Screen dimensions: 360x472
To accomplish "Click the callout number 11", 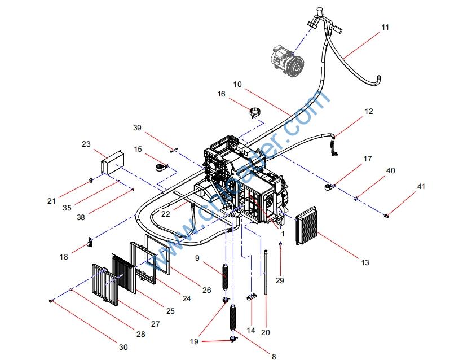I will pyautogui.click(x=385, y=27).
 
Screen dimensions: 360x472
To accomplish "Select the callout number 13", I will pyautogui.click(x=365, y=262).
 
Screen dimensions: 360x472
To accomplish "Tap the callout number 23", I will pyautogui.click(x=86, y=144).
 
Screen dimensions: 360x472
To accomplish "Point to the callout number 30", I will pyautogui.click(x=123, y=346).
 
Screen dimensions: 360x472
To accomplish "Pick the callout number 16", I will pyautogui.click(x=221, y=94).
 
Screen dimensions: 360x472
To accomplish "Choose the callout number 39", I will pyautogui.click(x=137, y=128).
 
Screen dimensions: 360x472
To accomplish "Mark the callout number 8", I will pyautogui.click(x=274, y=356).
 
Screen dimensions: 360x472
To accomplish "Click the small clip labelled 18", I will pyautogui.click(x=89, y=243).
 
